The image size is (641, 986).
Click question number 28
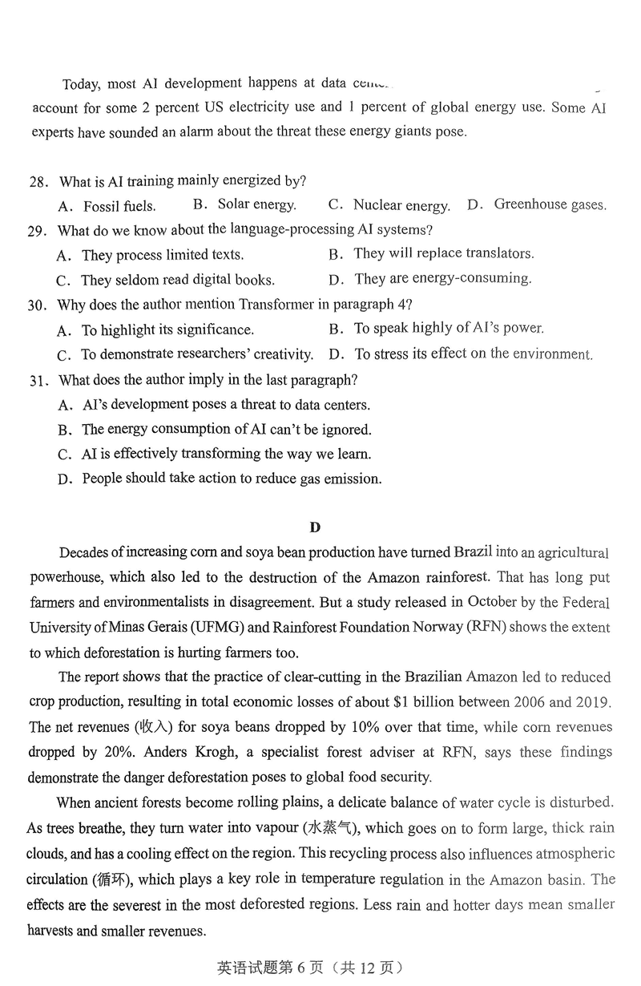[38, 182]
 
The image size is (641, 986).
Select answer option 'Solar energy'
[256, 205]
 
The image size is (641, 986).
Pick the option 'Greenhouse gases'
[550, 204]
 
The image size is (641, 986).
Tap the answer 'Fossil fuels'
[119, 207]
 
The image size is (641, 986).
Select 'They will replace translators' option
[443, 254]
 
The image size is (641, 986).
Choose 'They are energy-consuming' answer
[442, 279]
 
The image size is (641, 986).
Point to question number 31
[38, 381]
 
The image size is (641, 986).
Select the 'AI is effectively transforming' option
[226, 455]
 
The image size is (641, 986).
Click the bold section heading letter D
[315, 527]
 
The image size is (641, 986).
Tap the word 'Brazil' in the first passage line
[474, 553]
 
